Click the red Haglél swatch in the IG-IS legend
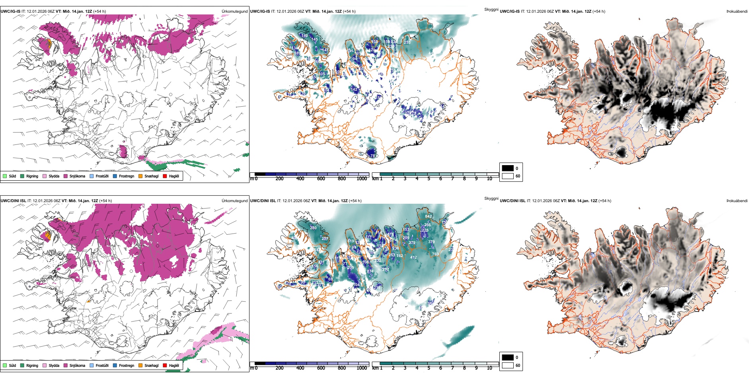click(165, 176)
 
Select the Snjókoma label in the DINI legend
click(77, 365)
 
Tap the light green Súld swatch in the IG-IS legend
click(5, 176)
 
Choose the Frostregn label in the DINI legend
click(126, 365)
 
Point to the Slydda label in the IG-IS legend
click(54, 176)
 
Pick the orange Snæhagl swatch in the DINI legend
click(140, 365)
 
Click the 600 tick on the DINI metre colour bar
click(321, 368)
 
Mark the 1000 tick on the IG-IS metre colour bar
click(362, 179)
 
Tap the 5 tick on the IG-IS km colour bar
click(429, 179)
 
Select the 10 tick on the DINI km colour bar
click(489, 368)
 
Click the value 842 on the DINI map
click(428, 216)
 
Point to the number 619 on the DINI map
click(351, 241)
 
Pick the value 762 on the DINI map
click(399, 256)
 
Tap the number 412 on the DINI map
click(413, 257)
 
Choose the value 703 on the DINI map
click(435, 254)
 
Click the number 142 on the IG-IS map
click(354, 90)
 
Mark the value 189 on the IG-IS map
click(297, 53)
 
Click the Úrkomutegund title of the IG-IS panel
click(234, 12)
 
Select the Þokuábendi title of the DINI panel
click(737, 201)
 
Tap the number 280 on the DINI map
click(313, 228)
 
